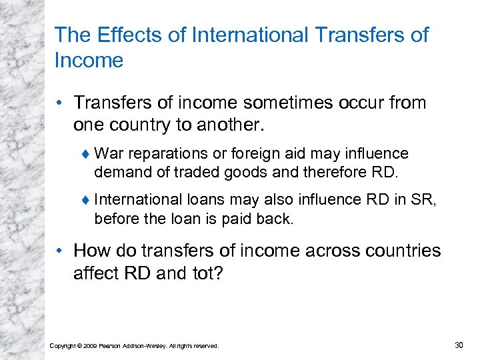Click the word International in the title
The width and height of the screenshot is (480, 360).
tap(246, 35)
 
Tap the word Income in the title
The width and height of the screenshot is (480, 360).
tap(89, 61)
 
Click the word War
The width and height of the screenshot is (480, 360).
tap(109, 154)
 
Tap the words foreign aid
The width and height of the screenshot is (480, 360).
tap(268, 154)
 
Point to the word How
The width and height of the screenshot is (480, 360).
tap(91, 251)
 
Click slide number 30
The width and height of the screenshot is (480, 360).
tap(458, 345)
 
